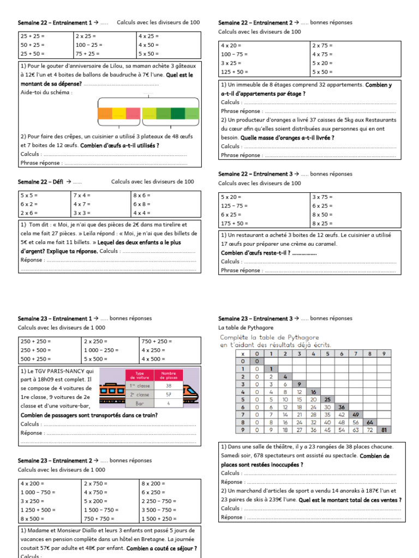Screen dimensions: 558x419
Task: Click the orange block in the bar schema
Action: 105,113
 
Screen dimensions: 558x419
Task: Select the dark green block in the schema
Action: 178,113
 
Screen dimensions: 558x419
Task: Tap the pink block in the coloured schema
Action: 133,113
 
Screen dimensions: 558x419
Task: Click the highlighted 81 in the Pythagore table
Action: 384,430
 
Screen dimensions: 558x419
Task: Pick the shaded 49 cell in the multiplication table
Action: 355,415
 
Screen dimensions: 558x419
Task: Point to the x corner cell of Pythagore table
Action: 228,354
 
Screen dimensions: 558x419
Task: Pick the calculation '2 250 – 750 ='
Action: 159,501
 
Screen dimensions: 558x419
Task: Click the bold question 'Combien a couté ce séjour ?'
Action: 161,549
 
